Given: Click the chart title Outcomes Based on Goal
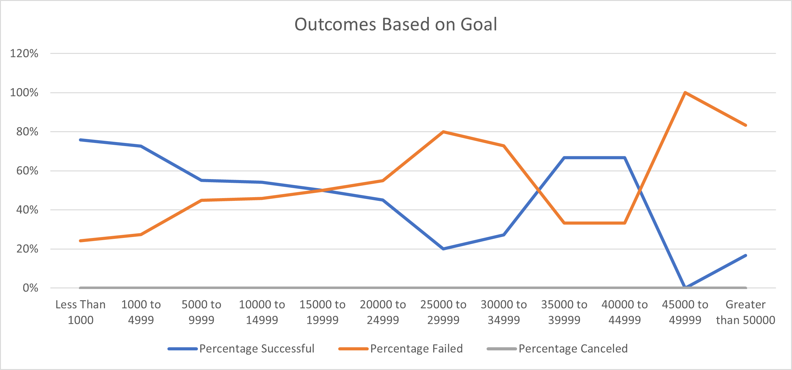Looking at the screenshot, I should coord(396,24).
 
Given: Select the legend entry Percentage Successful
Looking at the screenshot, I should coord(257,349).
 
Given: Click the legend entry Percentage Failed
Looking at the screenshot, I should coord(416,349).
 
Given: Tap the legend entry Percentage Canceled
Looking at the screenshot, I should coord(573,349).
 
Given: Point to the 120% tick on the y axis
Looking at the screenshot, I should coord(24,53).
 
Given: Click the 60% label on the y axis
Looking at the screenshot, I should coord(27,171).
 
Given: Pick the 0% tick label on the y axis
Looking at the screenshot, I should coord(30,288).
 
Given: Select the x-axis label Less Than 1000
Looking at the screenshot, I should coord(80,312).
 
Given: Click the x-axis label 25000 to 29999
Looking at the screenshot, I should coord(443,312).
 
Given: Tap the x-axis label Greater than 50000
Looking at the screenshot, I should coord(745,312).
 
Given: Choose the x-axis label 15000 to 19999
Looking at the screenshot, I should coord(322,312).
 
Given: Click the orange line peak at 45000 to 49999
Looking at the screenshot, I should coord(685,93).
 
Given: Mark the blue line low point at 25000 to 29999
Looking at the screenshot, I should coord(443,249).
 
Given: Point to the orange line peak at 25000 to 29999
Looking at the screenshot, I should coord(443,132).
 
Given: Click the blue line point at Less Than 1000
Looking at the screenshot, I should coord(80,140).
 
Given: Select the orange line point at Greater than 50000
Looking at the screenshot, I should coord(745,125).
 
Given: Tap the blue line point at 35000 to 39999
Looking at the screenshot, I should coord(564,158).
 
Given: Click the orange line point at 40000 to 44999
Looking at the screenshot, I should coord(625,223).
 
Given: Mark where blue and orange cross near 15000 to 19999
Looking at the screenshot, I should coord(322,190).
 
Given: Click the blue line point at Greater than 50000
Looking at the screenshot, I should coord(745,255).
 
